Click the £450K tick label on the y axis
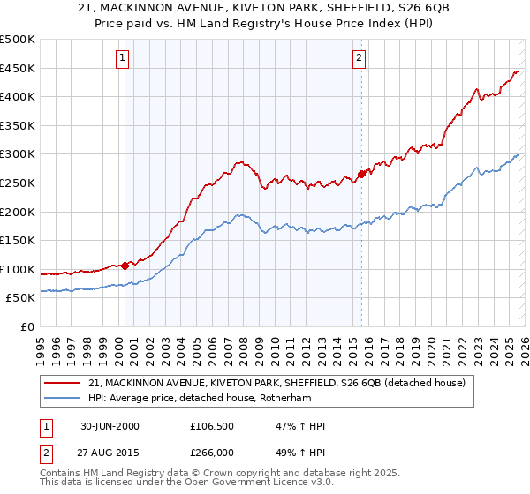[18, 68]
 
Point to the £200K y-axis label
[18, 212]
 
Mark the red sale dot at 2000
[125, 265]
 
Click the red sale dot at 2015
[361, 174]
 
